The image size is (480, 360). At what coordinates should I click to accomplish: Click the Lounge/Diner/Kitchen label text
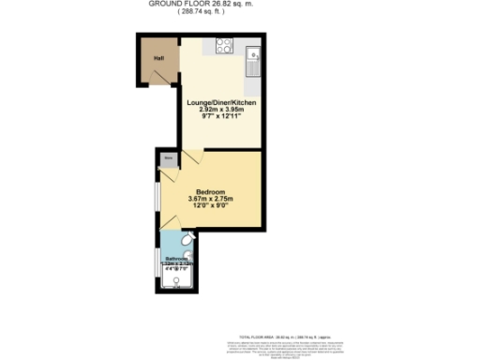coord(221,101)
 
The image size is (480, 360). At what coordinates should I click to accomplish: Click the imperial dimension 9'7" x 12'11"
coord(221,116)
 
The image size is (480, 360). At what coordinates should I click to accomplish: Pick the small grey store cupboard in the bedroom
coord(168,159)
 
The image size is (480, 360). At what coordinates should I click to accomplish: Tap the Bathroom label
coord(177,259)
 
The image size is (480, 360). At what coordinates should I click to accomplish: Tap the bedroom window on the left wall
coord(157,196)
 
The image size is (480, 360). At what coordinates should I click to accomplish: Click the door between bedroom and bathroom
coord(172,224)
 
